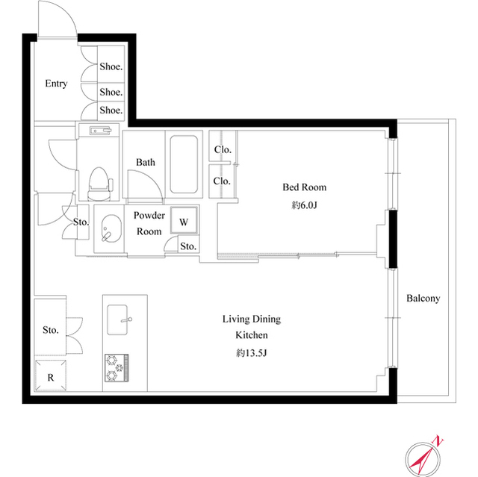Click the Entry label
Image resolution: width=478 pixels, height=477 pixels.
pyautogui.click(x=56, y=84)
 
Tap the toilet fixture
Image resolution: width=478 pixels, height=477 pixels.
pyautogui.click(x=99, y=184)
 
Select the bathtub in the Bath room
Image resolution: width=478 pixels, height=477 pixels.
pyautogui.click(x=184, y=164)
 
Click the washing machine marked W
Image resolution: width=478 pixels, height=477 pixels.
pyautogui.click(x=184, y=220)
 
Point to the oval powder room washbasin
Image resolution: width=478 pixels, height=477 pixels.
pyautogui.click(x=111, y=228)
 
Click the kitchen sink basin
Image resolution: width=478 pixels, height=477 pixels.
pyautogui.click(x=118, y=319)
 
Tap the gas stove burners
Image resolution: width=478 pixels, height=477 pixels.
pyautogui.click(x=117, y=368)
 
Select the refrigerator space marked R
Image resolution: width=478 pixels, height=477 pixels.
pyautogui.click(x=51, y=375)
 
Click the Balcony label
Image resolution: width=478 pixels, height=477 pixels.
pyautogui.click(x=423, y=298)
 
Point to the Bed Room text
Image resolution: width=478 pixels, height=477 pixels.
pyautogui.click(x=304, y=187)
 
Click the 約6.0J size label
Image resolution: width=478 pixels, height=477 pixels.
pyautogui.click(x=304, y=205)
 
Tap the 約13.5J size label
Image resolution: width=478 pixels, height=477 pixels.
pyautogui.click(x=252, y=353)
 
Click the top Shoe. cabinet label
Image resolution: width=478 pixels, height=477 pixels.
pyautogui.click(x=111, y=66)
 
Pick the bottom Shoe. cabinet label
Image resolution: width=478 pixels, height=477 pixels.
pyautogui.click(x=111, y=110)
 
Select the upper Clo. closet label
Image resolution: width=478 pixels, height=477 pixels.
pyautogui.click(x=223, y=149)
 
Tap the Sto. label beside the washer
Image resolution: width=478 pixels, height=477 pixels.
pyautogui.click(x=188, y=246)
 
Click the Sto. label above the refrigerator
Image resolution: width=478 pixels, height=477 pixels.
pyautogui.click(x=51, y=330)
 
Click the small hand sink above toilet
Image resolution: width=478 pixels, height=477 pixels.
pyautogui.click(x=100, y=131)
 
